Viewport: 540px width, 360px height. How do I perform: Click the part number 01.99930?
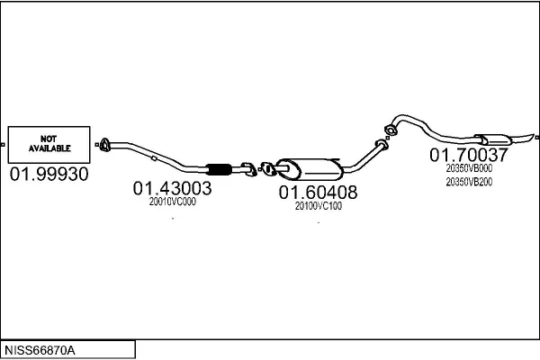coord(49,174)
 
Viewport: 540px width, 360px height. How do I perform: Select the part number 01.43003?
coord(172,188)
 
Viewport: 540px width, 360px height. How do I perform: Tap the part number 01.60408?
coord(318,193)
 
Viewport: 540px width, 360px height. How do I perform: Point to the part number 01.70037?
coord(469,155)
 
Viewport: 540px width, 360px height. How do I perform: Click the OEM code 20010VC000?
coord(172,202)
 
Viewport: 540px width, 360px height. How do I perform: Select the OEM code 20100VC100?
coord(319,206)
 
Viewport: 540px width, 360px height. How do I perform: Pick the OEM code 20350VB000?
coord(469,168)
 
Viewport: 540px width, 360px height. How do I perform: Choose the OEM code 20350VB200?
coord(469,182)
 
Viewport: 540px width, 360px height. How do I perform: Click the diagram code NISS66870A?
coord(40,350)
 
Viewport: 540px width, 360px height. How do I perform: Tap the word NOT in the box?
coord(49,139)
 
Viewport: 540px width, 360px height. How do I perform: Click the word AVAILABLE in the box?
coord(49,148)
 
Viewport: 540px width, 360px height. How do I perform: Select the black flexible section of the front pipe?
coord(219,169)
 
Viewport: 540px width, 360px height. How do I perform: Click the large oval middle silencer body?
coord(310,169)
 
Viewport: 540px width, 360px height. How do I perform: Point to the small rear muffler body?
coord(493,139)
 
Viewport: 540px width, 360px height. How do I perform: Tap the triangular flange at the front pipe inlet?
coord(104,145)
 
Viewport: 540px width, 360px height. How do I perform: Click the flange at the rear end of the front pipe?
coord(248,169)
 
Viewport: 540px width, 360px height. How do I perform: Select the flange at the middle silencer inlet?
coord(267,169)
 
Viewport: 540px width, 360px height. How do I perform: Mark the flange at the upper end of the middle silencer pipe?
coord(382,144)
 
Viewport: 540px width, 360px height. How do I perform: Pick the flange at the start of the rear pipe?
coord(391,130)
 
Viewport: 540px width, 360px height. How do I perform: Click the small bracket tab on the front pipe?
coord(154,158)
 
